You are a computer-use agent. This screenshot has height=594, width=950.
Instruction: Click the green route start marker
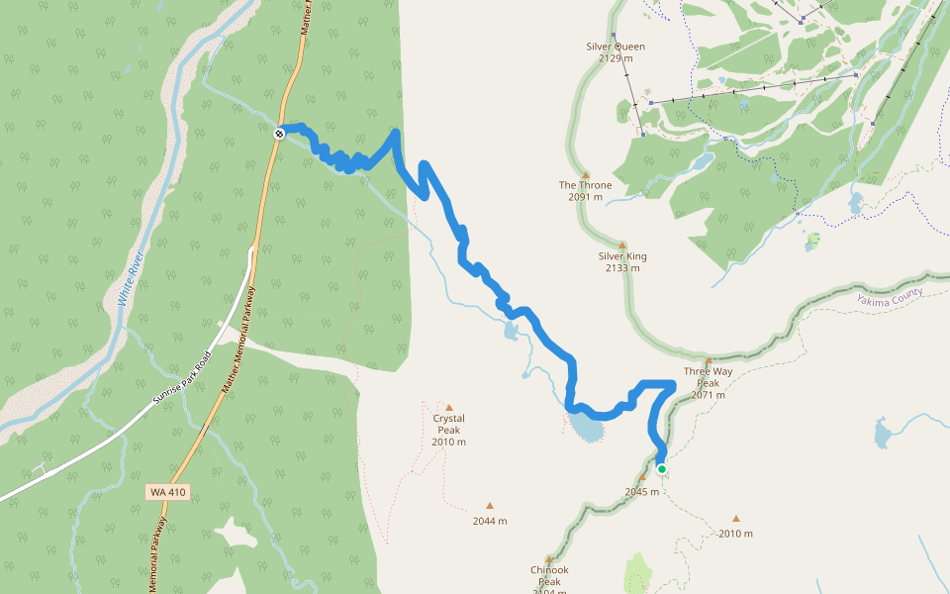click(x=661, y=469)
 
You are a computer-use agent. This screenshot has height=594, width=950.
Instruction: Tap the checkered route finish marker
click(x=280, y=133)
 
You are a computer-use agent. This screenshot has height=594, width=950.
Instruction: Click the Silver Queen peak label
click(x=616, y=46)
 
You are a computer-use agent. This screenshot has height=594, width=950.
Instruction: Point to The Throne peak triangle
click(x=585, y=174)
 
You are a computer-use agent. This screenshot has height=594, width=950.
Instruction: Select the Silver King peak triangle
click(x=622, y=245)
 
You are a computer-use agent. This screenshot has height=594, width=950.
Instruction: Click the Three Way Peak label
click(x=708, y=377)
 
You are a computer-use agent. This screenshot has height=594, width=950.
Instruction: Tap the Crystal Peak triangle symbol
click(x=448, y=408)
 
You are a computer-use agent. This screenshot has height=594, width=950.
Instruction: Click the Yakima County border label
click(x=891, y=295)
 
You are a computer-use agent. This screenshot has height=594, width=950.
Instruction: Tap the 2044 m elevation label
click(x=489, y=521)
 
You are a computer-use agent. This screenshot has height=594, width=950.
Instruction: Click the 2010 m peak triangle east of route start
click(x=735, y=518)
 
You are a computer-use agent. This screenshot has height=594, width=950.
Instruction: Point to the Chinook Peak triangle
click(x=549, y=558)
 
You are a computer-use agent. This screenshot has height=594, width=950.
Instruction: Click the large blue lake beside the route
click(x=586, y=429)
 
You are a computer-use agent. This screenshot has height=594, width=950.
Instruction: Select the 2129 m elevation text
click(x=616, y=58)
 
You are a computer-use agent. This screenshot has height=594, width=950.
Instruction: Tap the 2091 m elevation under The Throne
click(x=585, y=197)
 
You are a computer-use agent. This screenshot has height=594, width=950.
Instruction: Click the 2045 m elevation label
click(x=641, y=491)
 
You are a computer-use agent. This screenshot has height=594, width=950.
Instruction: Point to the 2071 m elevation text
click(x=708, y=395)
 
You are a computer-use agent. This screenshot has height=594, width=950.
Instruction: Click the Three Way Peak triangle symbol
click(x=709, y=361)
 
